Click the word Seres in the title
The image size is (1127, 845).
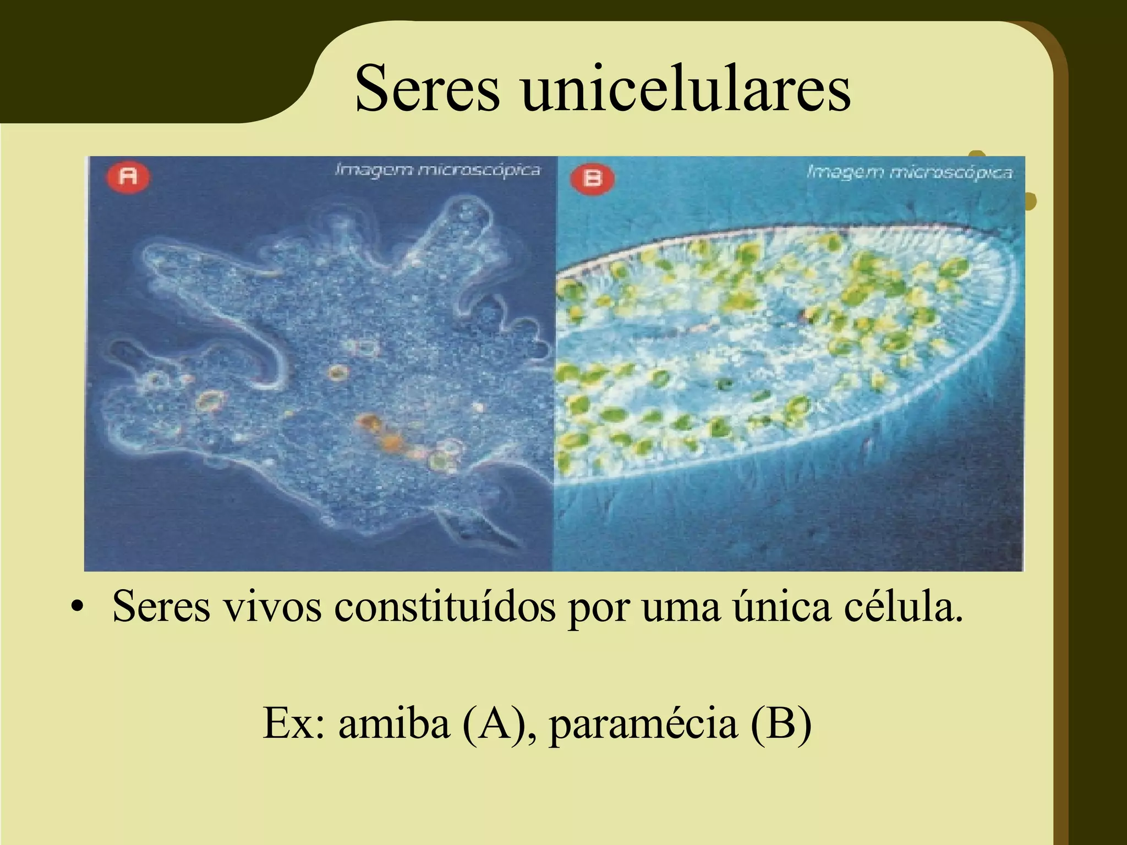point(428,89)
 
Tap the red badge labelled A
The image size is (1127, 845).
point(129,176)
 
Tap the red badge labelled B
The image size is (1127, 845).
point(592,178)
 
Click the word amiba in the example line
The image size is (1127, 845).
point(393,723)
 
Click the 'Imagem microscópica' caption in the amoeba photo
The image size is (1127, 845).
point(437,170)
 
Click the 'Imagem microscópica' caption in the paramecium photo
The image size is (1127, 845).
point(909,173)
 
